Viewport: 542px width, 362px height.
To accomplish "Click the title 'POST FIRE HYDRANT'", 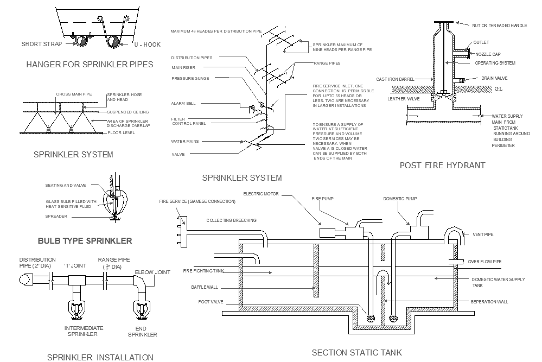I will point(442,166).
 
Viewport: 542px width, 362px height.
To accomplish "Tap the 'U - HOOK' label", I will point(146,45).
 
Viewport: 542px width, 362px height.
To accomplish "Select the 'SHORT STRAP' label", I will point(42,45).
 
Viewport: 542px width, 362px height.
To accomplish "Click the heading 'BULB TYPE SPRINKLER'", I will point(85,241).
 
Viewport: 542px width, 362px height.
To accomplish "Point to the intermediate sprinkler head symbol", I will point(76,310).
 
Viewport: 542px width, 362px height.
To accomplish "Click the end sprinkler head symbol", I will point(142,310).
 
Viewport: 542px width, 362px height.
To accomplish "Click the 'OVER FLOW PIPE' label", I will point(484,262).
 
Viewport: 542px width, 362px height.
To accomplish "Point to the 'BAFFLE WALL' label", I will point(205,287).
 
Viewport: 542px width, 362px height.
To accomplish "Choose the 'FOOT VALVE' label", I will point(208,302).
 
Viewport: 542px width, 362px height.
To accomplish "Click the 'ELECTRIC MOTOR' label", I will point(261,193).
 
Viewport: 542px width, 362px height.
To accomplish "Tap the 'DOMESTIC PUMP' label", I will point(400,199).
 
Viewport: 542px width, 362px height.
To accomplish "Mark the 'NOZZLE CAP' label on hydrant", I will point(489,54).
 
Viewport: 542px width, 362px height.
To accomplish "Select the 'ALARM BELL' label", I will point(183,103).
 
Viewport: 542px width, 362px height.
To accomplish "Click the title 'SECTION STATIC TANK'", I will point(357,353).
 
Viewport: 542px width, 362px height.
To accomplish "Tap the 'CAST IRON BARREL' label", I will point(395,79).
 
